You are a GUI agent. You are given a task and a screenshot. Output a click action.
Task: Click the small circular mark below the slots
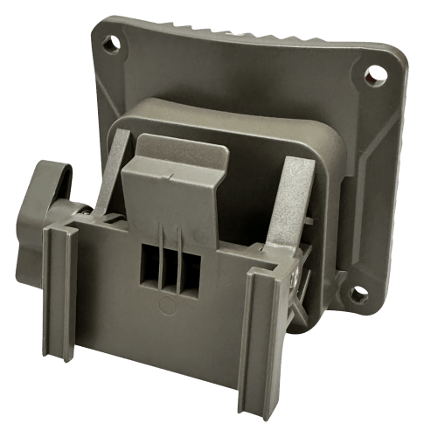click(x=163, y=305)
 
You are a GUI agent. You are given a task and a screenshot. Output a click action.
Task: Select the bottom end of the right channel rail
click(x=261, y=404)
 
